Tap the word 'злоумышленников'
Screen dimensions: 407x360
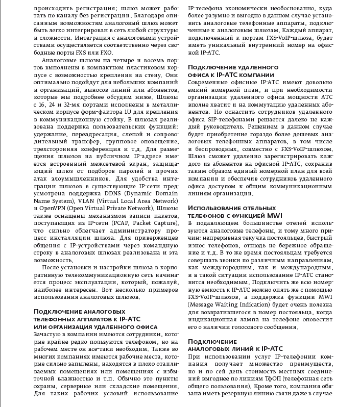(78, 180)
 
